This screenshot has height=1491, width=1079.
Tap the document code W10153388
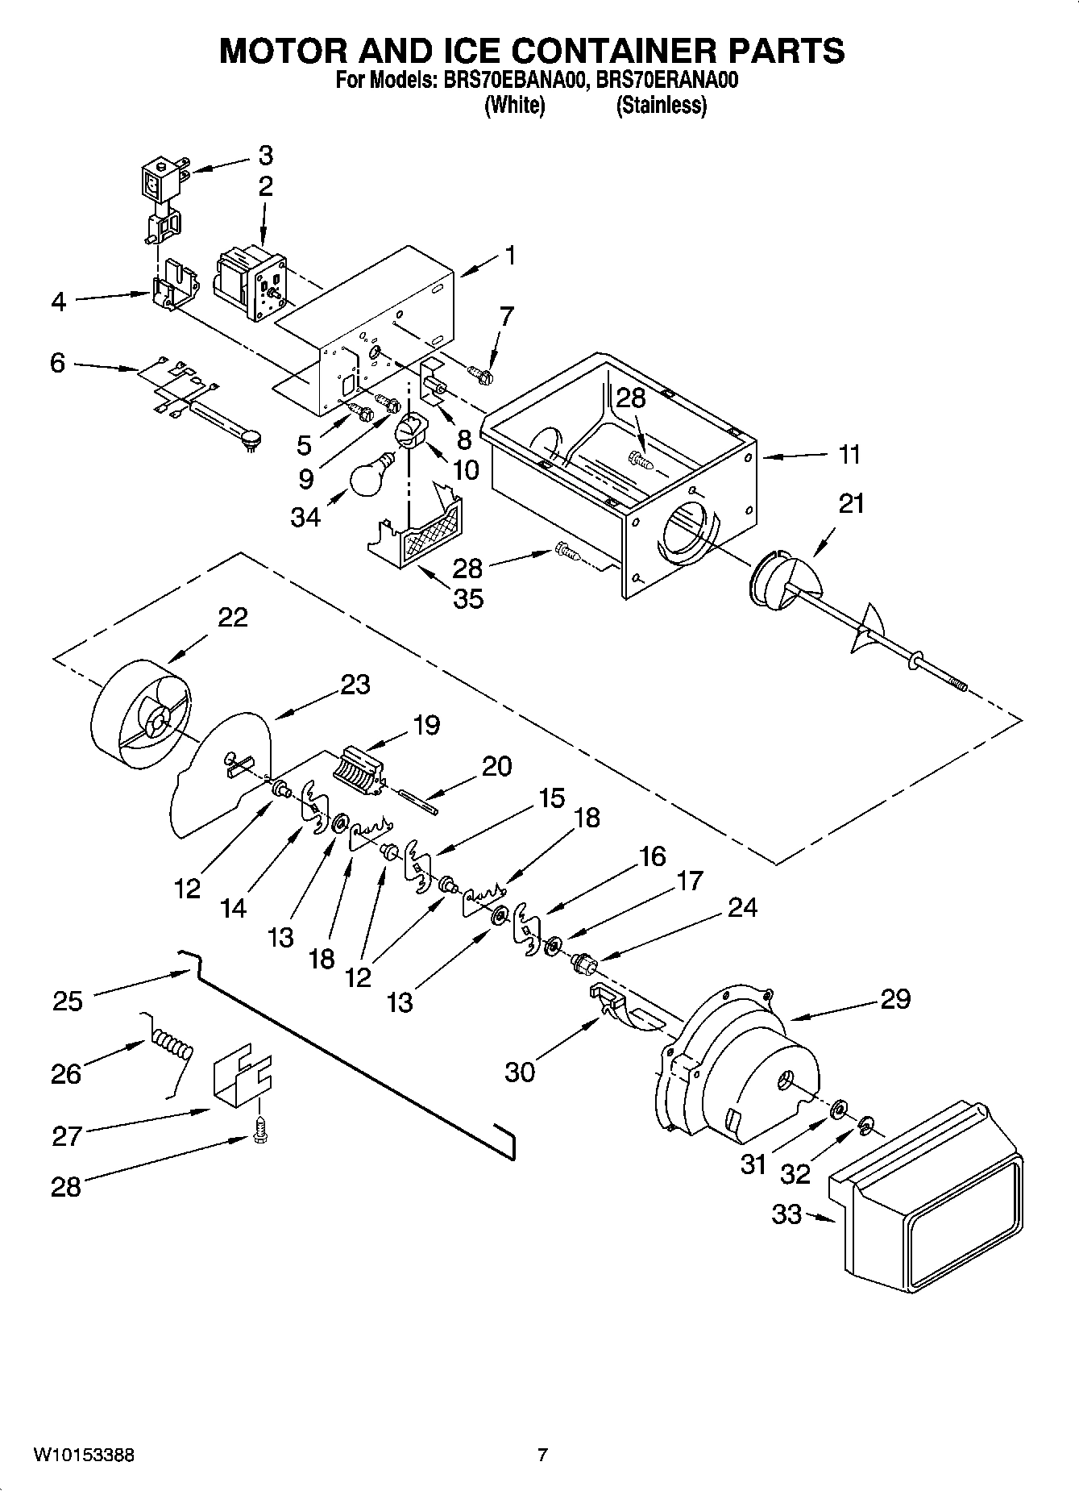pos(84,1455)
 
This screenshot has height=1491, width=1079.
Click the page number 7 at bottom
pos(542,1455)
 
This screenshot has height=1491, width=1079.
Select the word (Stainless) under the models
pos(661,105)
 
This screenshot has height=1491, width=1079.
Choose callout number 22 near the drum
pos(232,617)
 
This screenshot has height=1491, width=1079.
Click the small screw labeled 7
pos(482,373)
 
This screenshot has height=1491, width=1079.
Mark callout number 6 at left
pos(57,363)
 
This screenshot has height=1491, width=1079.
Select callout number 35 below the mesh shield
pos(468,598)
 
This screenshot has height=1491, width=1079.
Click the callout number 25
pos(68,1001)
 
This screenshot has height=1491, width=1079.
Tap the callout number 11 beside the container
pos(848,455)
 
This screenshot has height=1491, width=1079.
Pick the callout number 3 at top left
pos(265,155)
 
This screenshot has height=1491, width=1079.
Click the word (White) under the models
pos(514,105)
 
